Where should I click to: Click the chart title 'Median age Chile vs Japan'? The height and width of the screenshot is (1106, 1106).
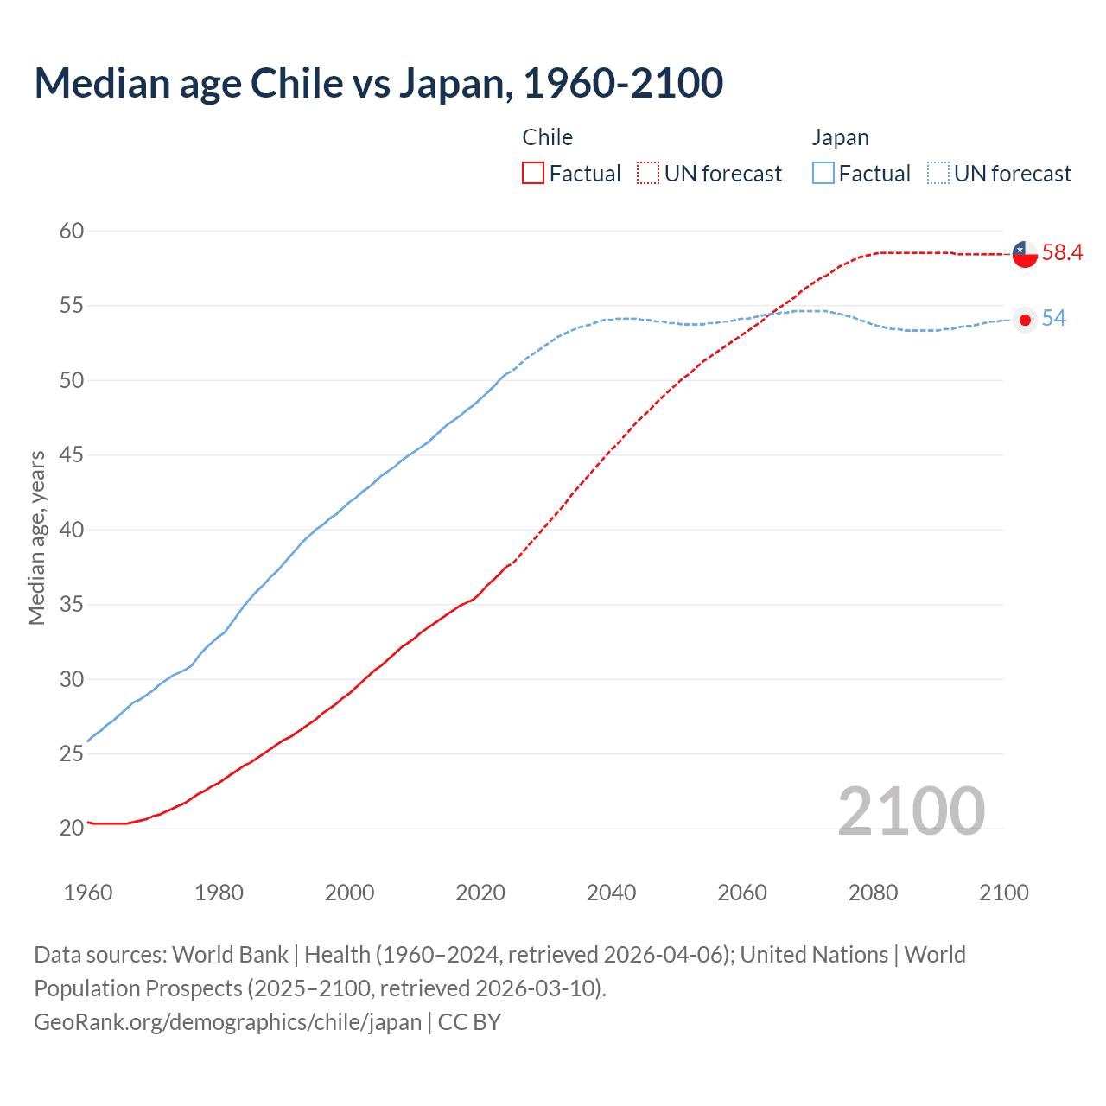[x=378, y=84]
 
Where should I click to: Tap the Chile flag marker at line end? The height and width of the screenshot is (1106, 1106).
[x=1025, y=254]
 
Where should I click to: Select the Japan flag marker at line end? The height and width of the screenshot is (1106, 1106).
[x=1025, y=320]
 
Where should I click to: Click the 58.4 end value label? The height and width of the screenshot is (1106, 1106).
[x=1062, y=253]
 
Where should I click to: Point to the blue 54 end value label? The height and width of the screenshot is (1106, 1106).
[x=1053, y=319]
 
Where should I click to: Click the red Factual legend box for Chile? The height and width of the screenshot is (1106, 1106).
[x=533, y=174]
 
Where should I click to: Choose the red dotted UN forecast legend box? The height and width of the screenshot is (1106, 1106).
[x=648, y=174]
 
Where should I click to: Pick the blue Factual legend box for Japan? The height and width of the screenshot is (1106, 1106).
[x=823, y=174]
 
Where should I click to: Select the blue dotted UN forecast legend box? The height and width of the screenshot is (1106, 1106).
[x=938, y=174]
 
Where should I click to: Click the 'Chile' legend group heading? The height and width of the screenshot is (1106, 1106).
[x=547, y=137]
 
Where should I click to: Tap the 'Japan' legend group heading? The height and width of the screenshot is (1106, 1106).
[x=840, y=137]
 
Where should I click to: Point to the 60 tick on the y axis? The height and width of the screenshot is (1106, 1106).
[x=72, y=231]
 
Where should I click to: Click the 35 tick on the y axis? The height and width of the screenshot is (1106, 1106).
[x=72, y=604]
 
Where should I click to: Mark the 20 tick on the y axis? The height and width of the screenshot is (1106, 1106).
[x=72, y=828]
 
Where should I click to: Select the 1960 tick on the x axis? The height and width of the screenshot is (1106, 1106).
[x=88, y=893]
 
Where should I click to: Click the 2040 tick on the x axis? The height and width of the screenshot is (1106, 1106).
[x=611, y=893]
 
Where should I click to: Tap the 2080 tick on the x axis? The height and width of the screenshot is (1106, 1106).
[x=873, y=893]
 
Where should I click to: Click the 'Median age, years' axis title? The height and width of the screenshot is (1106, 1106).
[x=36, y=537]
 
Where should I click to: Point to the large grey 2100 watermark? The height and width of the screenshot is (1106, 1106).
[x=911, y=810]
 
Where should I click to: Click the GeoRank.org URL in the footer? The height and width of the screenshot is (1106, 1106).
[x=227, y=1022]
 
